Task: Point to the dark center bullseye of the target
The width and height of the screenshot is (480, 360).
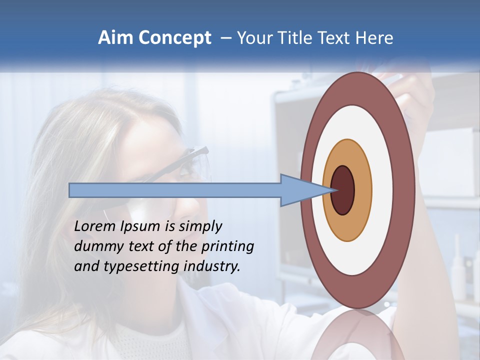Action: pos(342,190)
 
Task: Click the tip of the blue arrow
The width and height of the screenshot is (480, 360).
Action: pos(334,190)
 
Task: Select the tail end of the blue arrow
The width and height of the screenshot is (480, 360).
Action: pos(70,190)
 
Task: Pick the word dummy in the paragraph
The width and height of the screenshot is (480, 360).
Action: pos(95,246)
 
